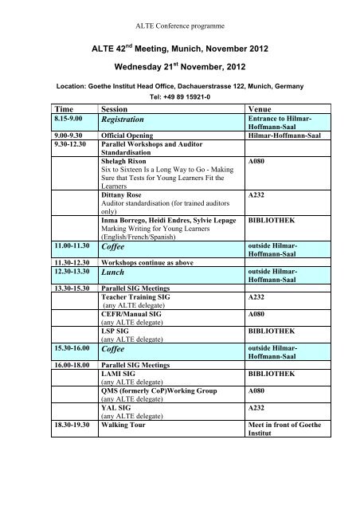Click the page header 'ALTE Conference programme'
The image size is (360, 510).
180,9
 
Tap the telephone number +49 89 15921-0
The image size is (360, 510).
180,96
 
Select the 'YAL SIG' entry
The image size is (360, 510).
119,405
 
